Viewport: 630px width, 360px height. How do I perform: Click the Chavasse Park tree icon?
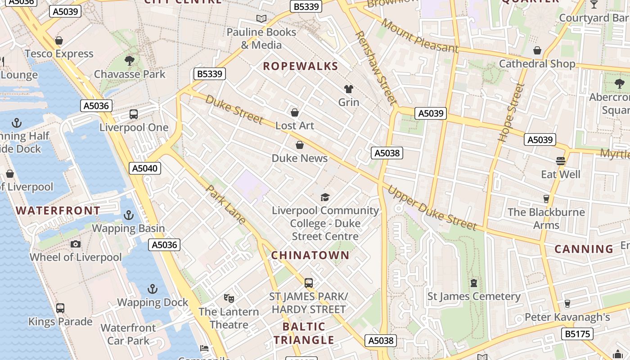[130, 61]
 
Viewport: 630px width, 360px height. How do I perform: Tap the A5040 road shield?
[145, 169]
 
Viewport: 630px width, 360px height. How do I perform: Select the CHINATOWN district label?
[310, 255]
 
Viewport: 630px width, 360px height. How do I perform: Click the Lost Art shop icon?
[295, 112]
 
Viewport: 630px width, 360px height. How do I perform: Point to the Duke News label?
[299, 158]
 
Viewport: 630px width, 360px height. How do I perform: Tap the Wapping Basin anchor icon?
[129, 215]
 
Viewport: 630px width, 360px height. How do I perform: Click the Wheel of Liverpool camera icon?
[76, 244]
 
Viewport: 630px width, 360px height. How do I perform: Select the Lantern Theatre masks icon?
[229, 298]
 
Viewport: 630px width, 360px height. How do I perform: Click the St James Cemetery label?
[473, 296]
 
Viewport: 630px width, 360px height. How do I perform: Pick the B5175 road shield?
[577, 333]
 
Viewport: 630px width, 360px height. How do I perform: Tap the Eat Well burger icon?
[560, 161]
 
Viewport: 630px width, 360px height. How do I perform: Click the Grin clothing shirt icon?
[348, 89]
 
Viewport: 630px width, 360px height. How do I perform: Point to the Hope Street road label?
[512, 112]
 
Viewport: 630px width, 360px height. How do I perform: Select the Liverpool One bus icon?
[134, 114]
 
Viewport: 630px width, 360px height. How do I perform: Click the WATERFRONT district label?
[58, 211]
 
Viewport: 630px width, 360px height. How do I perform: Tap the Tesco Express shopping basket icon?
[58, 40]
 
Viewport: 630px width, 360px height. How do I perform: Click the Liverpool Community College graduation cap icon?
[325, 197]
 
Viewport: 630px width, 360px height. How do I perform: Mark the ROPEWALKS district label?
[300, 67]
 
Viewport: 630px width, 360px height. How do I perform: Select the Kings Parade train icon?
[60, 308]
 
